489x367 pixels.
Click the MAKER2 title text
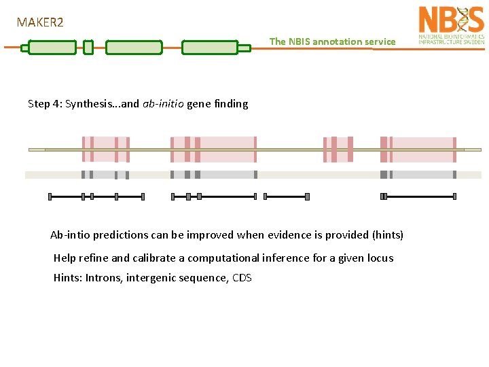40,22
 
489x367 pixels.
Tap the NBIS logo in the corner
451,25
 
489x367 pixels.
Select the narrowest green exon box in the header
88,48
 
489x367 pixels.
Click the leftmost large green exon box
52,48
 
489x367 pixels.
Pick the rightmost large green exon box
209,48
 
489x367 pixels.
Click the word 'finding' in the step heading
232,104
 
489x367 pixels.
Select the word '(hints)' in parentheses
387,235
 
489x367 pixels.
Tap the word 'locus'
379,258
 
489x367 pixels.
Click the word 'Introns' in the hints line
104,278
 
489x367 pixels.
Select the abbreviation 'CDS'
242,278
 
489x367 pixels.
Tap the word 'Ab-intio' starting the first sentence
71,235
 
